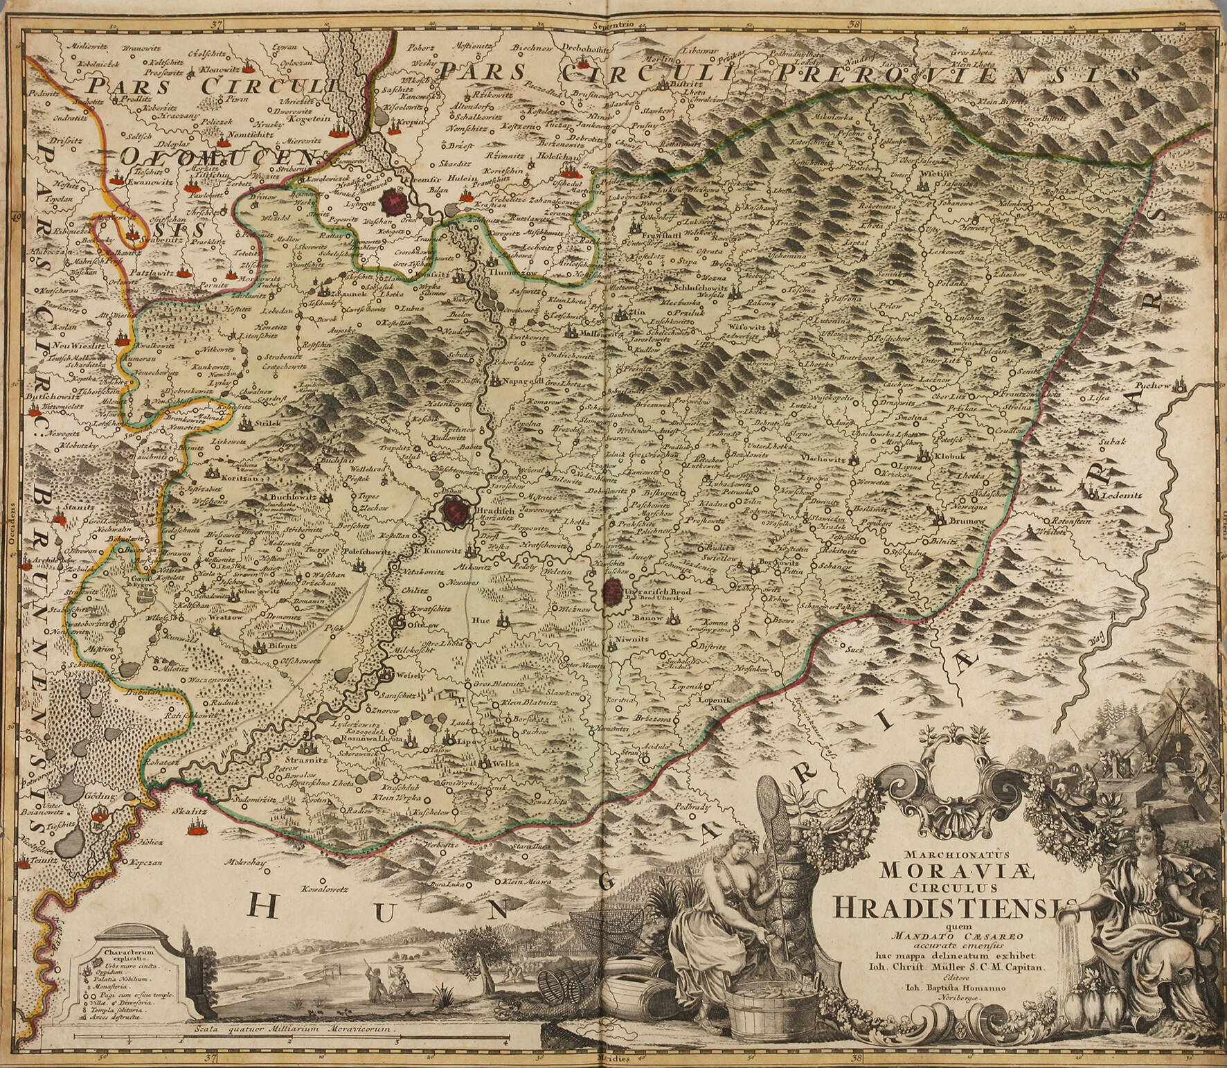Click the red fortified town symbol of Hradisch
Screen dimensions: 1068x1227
[456, 513]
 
